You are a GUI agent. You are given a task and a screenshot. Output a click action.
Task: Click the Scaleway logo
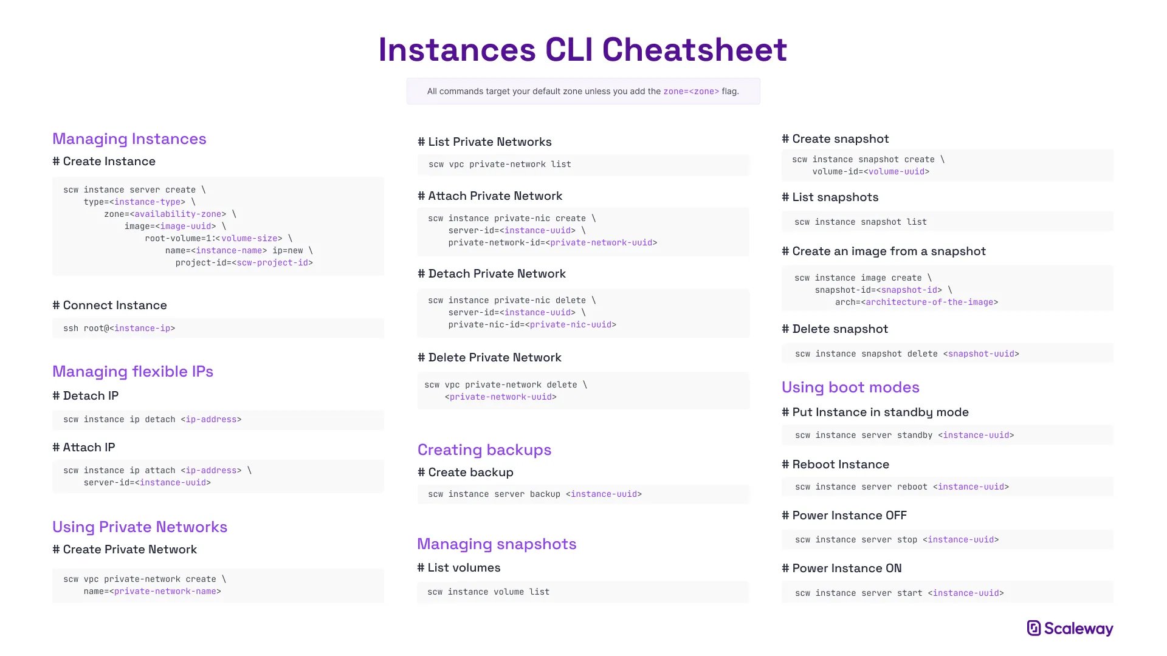point(1070,628)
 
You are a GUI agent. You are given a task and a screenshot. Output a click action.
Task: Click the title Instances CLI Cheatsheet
point(583,49)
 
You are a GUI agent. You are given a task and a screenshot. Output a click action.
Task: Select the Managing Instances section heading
point(129,138)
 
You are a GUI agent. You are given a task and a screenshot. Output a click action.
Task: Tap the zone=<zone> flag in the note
point(691,91)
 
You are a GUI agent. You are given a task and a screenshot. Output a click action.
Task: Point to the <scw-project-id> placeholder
point(272,262)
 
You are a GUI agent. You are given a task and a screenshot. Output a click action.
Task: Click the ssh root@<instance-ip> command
point(119,328)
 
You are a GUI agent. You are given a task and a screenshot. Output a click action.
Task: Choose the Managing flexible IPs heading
point(133,371)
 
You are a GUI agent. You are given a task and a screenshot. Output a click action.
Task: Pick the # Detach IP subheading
point(86,395)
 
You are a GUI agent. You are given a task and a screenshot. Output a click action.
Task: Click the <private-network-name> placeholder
point(165,591)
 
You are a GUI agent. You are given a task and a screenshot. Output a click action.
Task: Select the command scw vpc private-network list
point(500,164)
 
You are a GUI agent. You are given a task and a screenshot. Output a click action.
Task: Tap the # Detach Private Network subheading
point(492,273)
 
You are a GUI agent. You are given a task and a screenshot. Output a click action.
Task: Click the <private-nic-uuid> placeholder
point(571,324)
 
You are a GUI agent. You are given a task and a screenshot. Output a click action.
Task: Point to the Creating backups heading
point(484,449)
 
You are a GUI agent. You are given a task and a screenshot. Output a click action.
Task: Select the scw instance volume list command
point(489,592)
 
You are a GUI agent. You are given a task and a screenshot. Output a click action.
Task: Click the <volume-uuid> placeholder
point(897,171)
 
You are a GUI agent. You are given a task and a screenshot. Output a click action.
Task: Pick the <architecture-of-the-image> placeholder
point(929,302)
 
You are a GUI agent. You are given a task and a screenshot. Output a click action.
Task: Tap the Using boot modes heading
point(850,387)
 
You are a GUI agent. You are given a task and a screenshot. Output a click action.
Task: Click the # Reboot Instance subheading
point(836,464)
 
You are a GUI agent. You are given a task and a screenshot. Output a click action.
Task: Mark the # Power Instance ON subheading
point(842,568)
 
